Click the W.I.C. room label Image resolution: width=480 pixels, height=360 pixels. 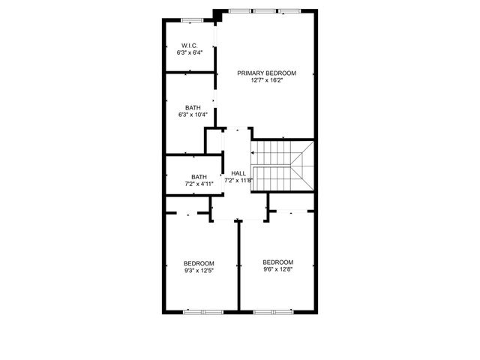click(x=188, y=45)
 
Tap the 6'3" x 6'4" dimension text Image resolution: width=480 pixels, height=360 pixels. click(x=188, y=52)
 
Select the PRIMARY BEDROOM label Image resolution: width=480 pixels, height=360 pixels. click(x=266, y=73)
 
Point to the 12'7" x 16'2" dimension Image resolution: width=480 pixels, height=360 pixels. click(x=266, y=80)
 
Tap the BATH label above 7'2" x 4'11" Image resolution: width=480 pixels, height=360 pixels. click(x=199, y=176)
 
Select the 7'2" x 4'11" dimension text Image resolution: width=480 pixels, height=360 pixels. click(x=199, y=184)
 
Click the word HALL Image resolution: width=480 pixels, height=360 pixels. click(x=238, y=172)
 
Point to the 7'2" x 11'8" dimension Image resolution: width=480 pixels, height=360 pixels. click(x=238, y=180)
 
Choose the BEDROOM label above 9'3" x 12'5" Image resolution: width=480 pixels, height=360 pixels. click(x=199, y=262)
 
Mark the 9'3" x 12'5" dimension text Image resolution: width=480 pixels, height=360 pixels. click(x=199, y=270)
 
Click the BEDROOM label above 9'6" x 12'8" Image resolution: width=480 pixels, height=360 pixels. click(x=277, y=262)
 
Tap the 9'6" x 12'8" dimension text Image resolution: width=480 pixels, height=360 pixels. click(x=277, y=269)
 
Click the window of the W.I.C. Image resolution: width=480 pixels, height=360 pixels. click(x=192, y=19)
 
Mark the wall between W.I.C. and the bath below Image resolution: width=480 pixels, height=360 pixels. click(x=190, y=73)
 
